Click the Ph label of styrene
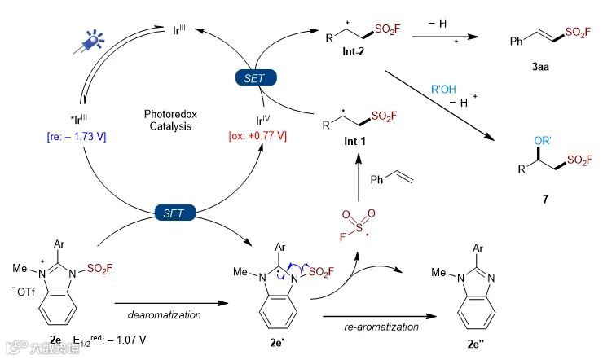(382, 178)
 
